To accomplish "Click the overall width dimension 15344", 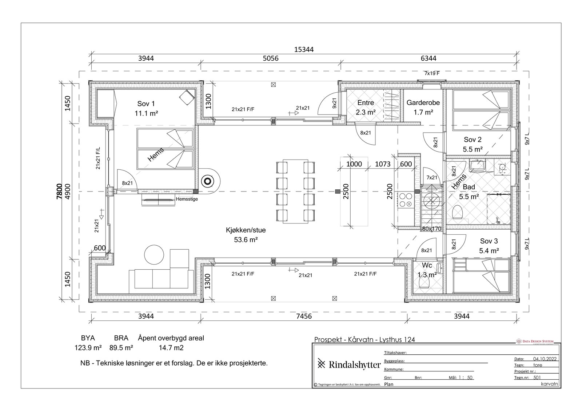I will click(304, 49).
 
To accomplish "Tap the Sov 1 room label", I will click(146, 104).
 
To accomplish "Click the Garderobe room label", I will click(423, 102).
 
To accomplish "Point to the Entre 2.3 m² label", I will click(366, 108).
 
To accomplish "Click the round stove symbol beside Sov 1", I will click(208, 181).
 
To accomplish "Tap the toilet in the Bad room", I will click(457, 213).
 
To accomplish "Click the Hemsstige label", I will click(187, 199).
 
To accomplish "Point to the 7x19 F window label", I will click(432, 73).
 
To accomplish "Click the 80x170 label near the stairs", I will click(431, 229).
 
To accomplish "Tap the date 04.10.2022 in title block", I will click(545, 359).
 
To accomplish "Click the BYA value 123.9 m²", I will click(88, 348).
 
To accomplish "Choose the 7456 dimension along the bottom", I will click(304, 316).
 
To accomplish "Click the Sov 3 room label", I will click(489, 241).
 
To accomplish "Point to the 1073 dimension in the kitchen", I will click(383, 164).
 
